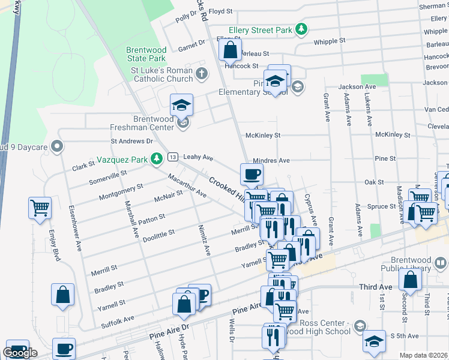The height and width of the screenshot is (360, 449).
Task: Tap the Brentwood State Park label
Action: [x=146, y=55]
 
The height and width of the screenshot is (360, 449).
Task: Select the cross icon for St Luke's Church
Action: [x=202, y=74]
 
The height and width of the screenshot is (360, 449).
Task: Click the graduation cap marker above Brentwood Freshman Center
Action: [x=181, y=106]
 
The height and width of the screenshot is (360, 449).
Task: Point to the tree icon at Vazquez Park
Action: [x=157, y=158]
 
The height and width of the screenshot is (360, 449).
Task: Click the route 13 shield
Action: [x=173, y=157]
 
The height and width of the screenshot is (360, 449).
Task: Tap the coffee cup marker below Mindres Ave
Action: [x=252, y=175]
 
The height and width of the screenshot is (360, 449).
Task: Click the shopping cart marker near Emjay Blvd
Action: [x=40, y=209]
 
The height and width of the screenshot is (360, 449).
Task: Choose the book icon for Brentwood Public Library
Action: [x=441, y=263]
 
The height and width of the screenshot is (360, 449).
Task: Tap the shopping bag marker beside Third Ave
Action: [x=410, y=280]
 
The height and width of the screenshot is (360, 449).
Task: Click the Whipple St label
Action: [x=330, y=41]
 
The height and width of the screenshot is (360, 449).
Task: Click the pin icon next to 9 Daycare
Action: [x=57, y=146]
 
